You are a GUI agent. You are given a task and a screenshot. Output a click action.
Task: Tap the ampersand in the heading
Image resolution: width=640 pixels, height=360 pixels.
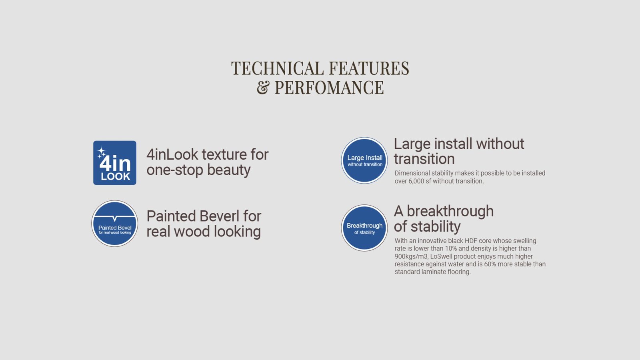(x=263, y=88)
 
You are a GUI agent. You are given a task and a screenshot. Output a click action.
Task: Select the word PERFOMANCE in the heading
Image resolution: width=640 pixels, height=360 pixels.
(x=329, y=88)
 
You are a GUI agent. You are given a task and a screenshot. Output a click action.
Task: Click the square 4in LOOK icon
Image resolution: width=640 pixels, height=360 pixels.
(x=114, y=162)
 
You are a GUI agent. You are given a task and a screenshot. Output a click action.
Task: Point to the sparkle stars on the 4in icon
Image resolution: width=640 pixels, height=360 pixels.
(x=101, y=152)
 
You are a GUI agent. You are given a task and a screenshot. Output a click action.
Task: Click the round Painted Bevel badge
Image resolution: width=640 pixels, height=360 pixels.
(x=114, y=224)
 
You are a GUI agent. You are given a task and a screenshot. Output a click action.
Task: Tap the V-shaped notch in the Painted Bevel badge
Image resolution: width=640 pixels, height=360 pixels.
(x=114, y=219)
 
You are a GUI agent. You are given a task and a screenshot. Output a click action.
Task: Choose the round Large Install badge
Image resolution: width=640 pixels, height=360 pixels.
(x=364, y=160)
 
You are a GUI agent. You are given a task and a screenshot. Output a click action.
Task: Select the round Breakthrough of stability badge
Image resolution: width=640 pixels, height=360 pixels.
(x=364, y=228)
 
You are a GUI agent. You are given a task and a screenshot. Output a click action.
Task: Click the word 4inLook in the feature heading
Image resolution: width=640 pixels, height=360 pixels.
(x=172, y=154)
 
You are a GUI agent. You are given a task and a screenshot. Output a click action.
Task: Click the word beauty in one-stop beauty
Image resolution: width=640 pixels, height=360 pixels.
(x=229, y=170)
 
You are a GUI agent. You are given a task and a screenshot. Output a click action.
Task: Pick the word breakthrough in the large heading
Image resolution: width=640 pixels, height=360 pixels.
(x=450, y=211)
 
